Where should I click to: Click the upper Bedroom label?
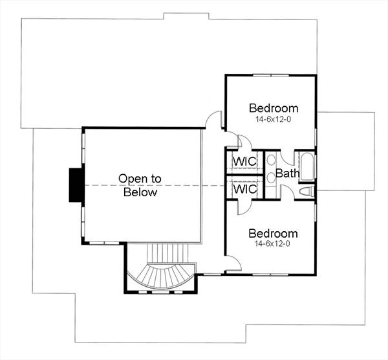273,108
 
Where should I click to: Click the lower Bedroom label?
273,233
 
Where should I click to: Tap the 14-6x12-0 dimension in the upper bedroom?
273,120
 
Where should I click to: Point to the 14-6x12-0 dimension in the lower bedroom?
273,245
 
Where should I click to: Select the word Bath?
286,174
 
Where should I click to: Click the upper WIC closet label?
245,161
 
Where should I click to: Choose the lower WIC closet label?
245,189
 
